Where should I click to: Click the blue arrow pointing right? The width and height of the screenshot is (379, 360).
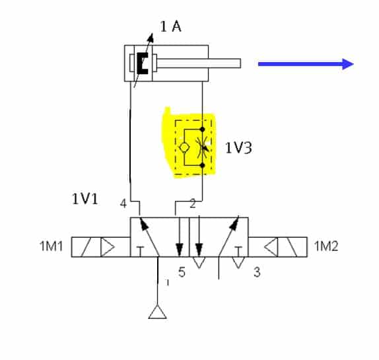coord(306,64)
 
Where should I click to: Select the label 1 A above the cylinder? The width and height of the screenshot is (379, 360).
coord(170,26)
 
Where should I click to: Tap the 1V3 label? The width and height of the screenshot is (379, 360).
coord(238,148)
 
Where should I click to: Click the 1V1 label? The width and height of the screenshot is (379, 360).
coord(85,199)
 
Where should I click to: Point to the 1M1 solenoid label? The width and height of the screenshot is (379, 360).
coord(51,246)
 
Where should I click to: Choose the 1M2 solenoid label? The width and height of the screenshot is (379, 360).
coord(326,246)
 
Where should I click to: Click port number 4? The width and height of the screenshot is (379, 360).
coord(123,203)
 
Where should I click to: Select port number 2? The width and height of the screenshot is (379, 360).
coord(193,203)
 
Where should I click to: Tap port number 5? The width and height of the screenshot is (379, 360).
coord(182,272)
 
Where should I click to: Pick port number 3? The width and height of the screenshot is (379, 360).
coord(258,272)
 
